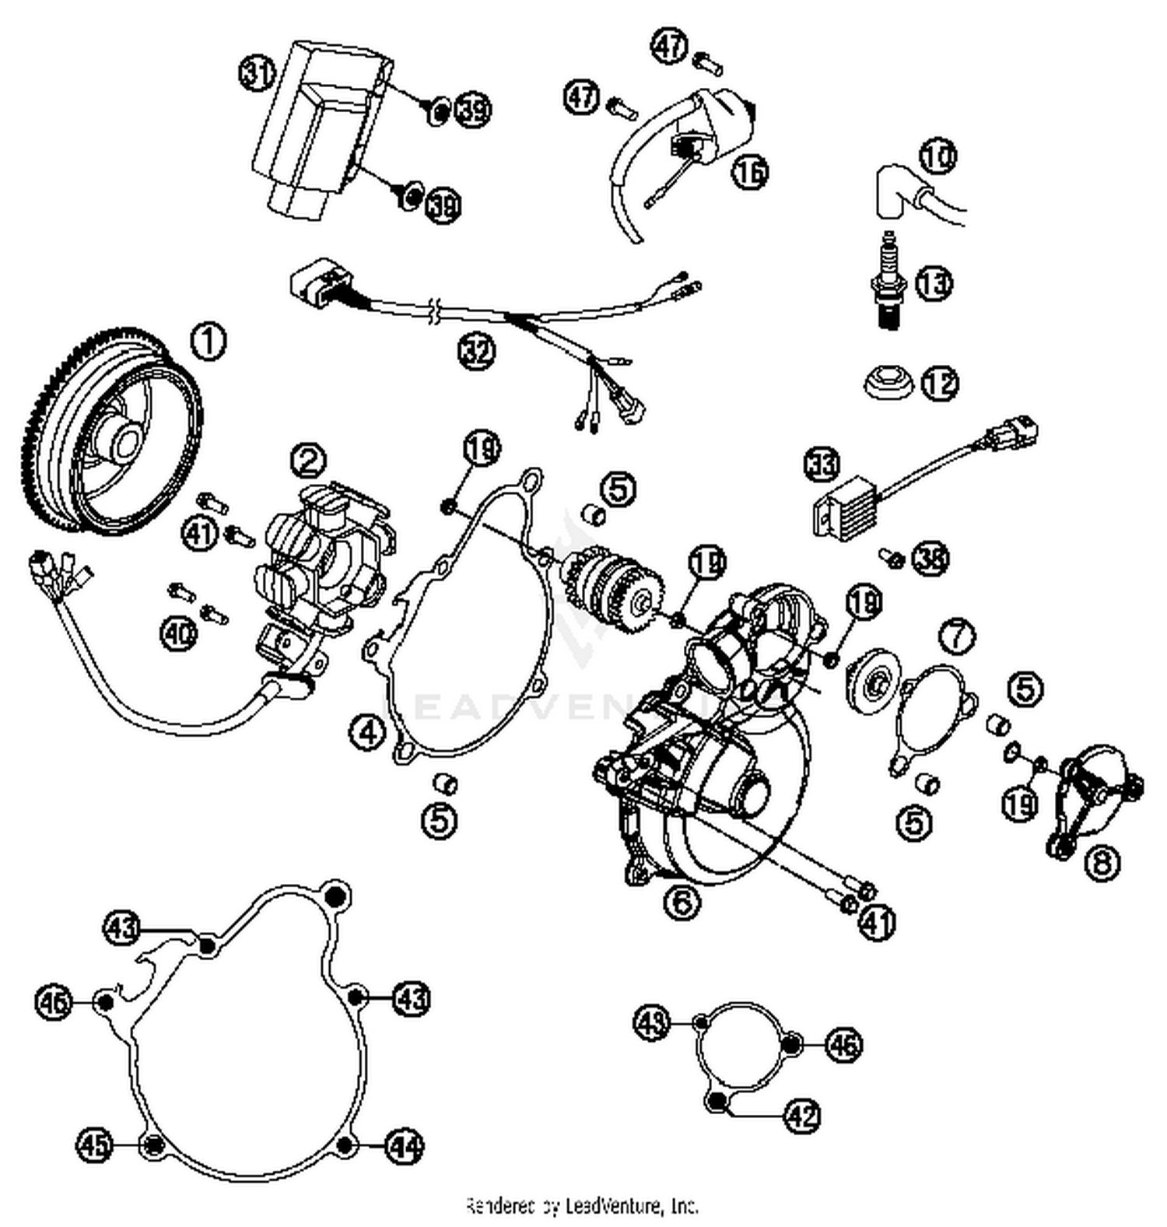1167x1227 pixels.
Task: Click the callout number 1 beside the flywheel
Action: pyautogui.click(x=208, y=343)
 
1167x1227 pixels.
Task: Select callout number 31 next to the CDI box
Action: pyautogui.click(x=257, y=74)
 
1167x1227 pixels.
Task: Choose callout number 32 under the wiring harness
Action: pyautogui.click(x=476, y=352)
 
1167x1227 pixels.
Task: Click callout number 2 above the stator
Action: pyautogui.click(x=309, y=461)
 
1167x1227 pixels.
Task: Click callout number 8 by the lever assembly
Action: pyautogui.click(x=1102, y=862)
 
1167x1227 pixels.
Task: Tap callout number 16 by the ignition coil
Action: pyautogui.click(x=750, y=172)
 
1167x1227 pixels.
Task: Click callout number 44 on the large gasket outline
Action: pyautogui.click(x=405, y=1146)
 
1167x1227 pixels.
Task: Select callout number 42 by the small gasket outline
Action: pyautogui.click(x=802, y=1116)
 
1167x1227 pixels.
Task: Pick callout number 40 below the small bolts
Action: pyautogui.click(x=179, y=633)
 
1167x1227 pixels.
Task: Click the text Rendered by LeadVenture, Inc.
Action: pyautogui.click(x=582, y=1206)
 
